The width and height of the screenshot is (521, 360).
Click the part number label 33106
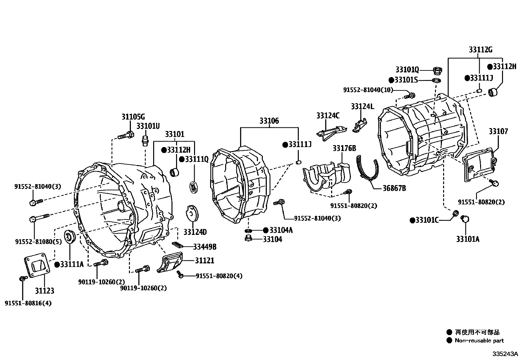click(x=269, y=121)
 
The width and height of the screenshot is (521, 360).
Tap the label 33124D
click(x=195, y=232)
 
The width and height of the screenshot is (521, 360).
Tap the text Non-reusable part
click(x=479, y=341)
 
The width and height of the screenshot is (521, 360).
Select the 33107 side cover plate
click(x=479, y=163)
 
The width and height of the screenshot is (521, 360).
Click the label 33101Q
click(x=407, y=69)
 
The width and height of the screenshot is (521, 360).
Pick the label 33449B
click(x=205, y=247)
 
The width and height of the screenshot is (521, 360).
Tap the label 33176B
click(x=344, y=148)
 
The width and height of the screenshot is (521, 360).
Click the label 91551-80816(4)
click(x=28, y=303)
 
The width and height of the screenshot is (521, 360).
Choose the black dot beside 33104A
click(x=265, y=230)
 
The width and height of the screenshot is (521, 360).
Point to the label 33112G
click(x=480, y=50)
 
